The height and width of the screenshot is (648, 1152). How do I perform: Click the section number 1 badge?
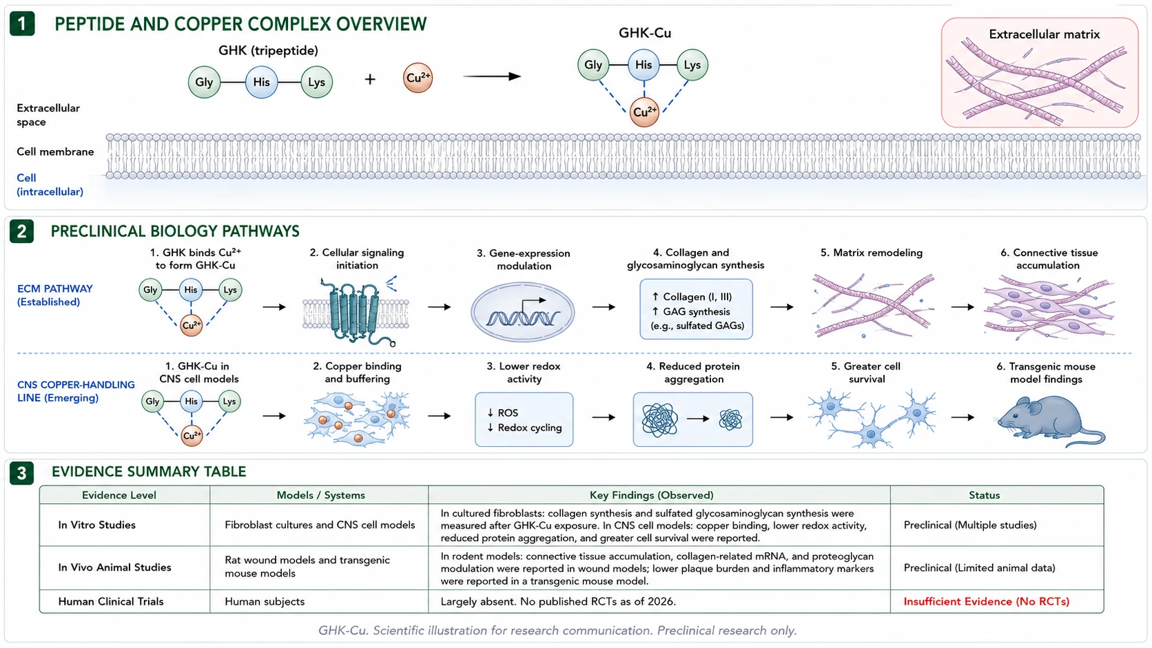pos(22,24)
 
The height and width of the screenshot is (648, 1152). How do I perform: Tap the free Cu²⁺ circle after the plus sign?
pos(418,78)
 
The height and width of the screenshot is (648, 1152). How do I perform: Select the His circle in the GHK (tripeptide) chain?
pos(261,82)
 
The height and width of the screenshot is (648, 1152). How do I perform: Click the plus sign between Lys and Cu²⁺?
pos(370,79)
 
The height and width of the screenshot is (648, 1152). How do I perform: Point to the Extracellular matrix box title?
pos(1044,34)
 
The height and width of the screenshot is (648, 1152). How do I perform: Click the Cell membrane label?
pos(55,151)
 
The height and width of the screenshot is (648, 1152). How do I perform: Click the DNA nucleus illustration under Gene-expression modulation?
pos(522,312)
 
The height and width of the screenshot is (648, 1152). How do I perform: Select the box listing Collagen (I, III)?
pos(696,309)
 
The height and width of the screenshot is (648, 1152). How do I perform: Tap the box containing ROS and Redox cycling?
pos(524,419)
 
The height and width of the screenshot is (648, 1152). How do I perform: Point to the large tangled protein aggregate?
pos(660,419)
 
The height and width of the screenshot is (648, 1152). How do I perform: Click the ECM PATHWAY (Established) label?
pos(55,295)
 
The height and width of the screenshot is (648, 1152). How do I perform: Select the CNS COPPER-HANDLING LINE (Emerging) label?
pos(76,391)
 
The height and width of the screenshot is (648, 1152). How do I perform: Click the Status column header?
pos(985,495)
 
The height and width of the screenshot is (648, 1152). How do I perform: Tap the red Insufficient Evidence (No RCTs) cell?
pos(987,601)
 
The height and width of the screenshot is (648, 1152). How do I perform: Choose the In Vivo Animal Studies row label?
pos(114,567)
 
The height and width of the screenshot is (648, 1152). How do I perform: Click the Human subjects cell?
pos(265,601)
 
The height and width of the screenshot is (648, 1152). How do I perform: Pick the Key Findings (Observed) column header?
pos(651,495)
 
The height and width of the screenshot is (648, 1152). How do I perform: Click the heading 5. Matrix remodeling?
pos(871,253)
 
